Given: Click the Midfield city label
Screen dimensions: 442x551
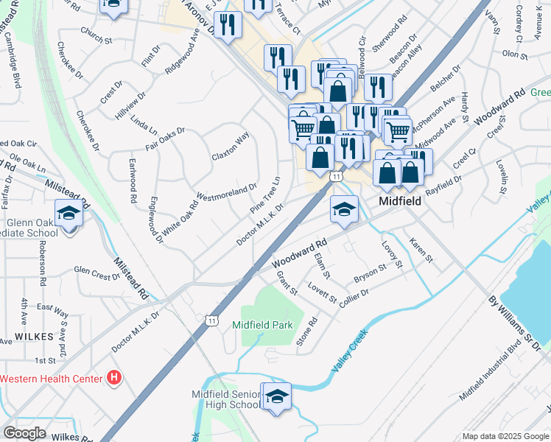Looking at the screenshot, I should point(399,200).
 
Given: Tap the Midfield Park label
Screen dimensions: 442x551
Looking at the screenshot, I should point(262,325).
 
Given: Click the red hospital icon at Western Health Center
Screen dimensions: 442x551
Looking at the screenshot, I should point(114,379).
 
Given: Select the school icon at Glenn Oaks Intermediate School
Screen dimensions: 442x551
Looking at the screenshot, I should point(69,213).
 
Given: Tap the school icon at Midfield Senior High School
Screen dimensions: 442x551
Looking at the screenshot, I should point(277,396).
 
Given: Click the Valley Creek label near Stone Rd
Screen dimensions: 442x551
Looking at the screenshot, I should point(350,350).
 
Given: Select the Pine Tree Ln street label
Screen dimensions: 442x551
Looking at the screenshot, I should point(265,195).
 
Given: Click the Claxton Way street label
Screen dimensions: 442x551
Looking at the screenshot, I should point(231,147).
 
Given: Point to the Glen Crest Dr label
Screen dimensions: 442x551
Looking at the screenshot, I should point(96,274).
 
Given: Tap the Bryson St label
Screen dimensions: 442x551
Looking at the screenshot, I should point(370,273).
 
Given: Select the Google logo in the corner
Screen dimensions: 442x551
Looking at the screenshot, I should point(25,433).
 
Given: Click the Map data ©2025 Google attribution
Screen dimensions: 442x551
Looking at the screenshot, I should point(505,436).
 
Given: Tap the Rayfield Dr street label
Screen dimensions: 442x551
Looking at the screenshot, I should point(443,179).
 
